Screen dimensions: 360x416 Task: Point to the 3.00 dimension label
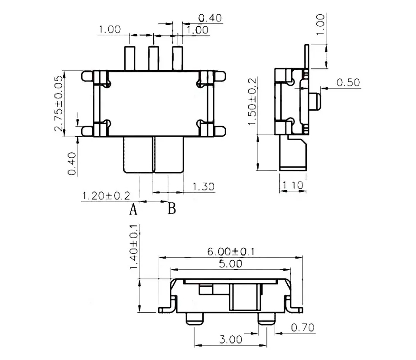[x=230, y=339]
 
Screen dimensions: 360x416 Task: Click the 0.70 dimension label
[x=302, y=327]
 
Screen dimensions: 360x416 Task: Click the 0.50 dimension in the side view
[x=348, y=82]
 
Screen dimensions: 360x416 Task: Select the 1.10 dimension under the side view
[x=293, y=185]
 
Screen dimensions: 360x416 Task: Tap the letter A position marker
[x=133, y=210]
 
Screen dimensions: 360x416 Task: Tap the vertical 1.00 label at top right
[x=320, y=25]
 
